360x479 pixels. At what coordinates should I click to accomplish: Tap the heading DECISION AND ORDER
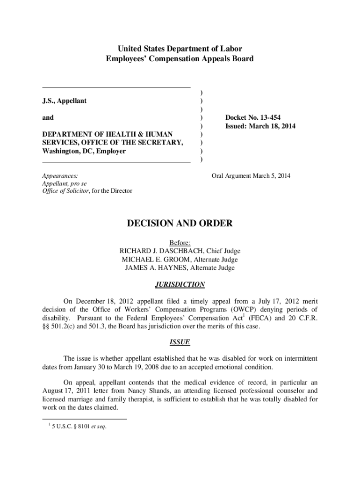point(180,224)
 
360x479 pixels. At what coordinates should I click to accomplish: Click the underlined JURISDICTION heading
point(180,284)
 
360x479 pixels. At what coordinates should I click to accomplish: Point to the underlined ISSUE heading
point(180,342)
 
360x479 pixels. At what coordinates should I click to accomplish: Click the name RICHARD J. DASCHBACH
point(157,251)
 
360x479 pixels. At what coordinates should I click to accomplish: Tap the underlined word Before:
point(180,242)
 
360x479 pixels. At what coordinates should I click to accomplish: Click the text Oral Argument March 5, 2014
point(251,175)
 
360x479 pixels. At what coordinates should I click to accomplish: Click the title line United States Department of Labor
point(180,49)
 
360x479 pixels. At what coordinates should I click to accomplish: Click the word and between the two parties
point(48,118)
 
